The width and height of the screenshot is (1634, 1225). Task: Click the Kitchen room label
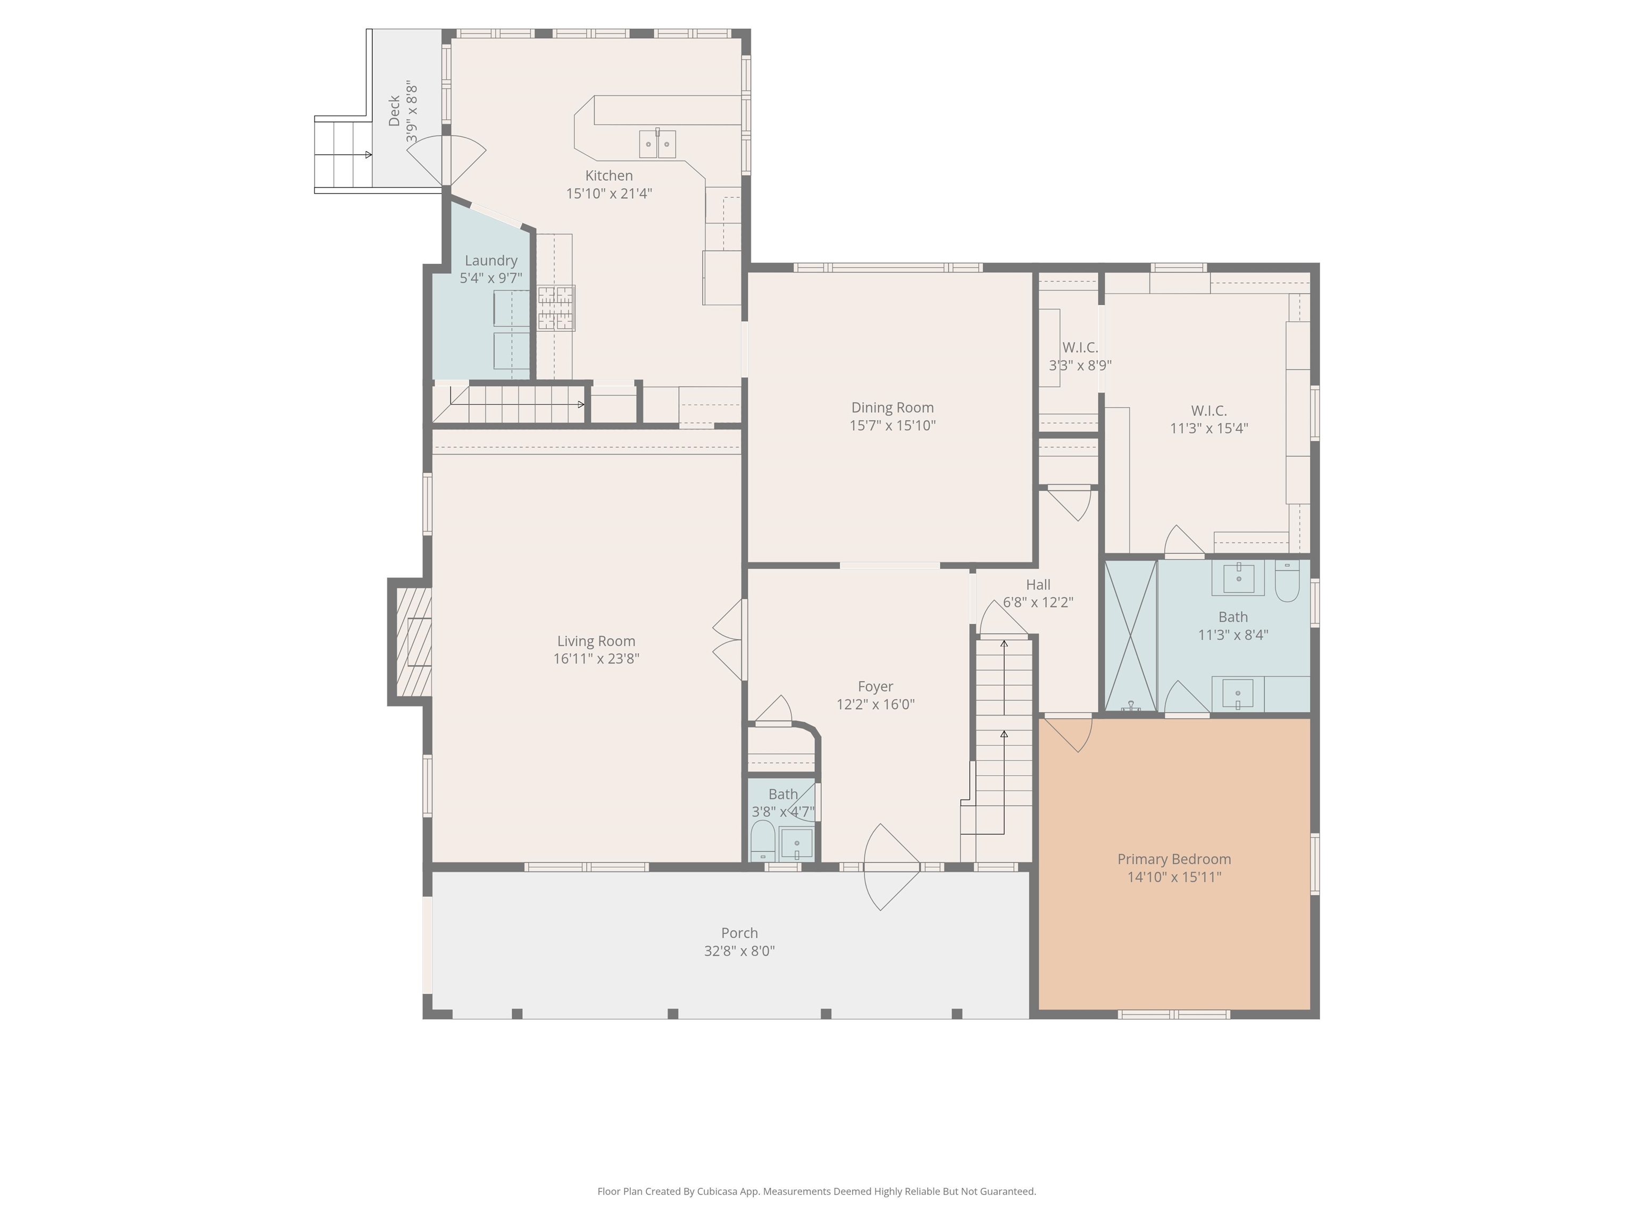[608, 176]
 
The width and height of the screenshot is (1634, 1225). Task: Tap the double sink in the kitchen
[657, 144]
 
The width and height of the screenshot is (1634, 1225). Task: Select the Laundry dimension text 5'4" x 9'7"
[490, 279]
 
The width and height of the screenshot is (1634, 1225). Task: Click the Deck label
[395, 111]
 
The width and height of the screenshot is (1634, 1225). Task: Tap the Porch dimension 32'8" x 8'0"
[739, 951]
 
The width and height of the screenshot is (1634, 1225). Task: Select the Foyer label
[876, 687]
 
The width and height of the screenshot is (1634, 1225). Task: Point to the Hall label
[1038, 585]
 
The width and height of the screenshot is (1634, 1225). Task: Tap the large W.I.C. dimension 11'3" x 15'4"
[1208, 428]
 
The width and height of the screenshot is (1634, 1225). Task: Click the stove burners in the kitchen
[555, 308]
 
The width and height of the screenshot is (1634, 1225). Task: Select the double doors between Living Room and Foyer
[730, 640]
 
